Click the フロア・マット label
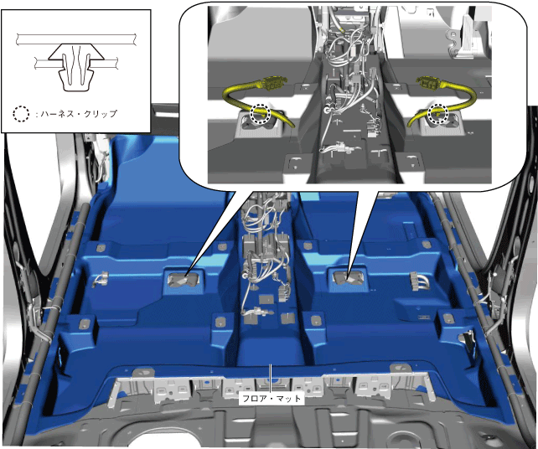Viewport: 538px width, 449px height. pos(272,398)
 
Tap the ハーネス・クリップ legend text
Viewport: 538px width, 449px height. pos(79,114)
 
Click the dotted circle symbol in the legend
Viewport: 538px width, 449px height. pos(21,114)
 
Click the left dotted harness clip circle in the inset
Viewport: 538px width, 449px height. pos(261,114)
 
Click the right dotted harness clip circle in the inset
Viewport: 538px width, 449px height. pos(438,113)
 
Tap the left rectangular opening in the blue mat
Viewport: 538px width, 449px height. pos(184,279)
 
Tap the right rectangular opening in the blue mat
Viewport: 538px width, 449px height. pos(348,277)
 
